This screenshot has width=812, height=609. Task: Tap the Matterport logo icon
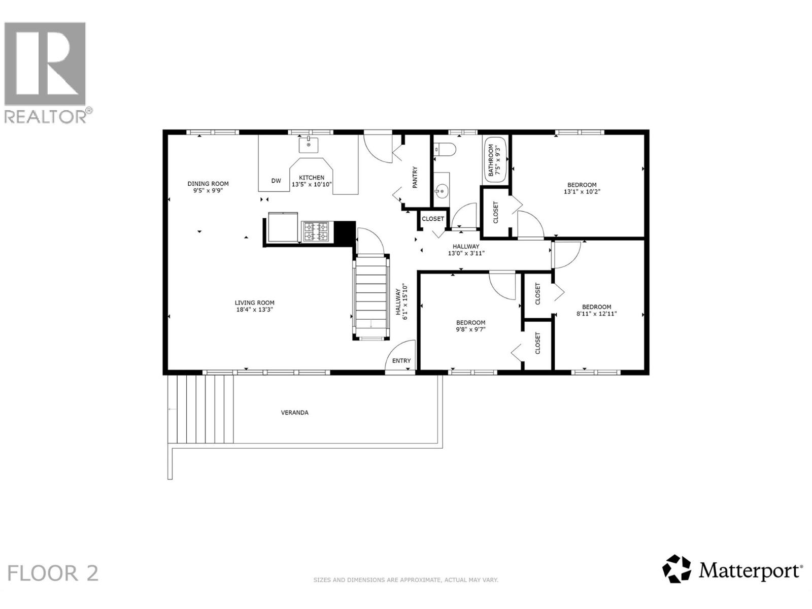tap(676, 569)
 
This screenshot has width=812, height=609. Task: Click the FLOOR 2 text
tap(53, 573)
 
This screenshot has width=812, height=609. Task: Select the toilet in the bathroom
tap(446, 149)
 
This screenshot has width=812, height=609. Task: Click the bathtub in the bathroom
tap(495, 160)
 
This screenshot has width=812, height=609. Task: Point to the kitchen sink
tap(308, 145)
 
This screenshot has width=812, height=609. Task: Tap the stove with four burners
tap(315, 231)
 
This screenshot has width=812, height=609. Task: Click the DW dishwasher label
tap(276, 181)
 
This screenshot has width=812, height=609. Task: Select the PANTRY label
tap(415, 178)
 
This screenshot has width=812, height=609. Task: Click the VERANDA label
tap(294, 413)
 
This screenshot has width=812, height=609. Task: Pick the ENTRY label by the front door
tap(401, 361)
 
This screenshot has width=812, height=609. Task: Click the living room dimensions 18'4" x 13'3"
tap(255, 310)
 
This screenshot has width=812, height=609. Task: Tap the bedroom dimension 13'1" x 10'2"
tap(582, 192)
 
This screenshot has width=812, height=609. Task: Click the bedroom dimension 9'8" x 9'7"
tap(470, 329)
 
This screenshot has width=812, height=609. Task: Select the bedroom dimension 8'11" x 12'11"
tap(596, 314)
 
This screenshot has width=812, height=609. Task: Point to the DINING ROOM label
tap(208, 184)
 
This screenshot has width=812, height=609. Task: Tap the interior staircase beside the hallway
tap(371, 296)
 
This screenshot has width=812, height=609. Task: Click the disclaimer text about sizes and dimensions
tap(405, 580)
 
